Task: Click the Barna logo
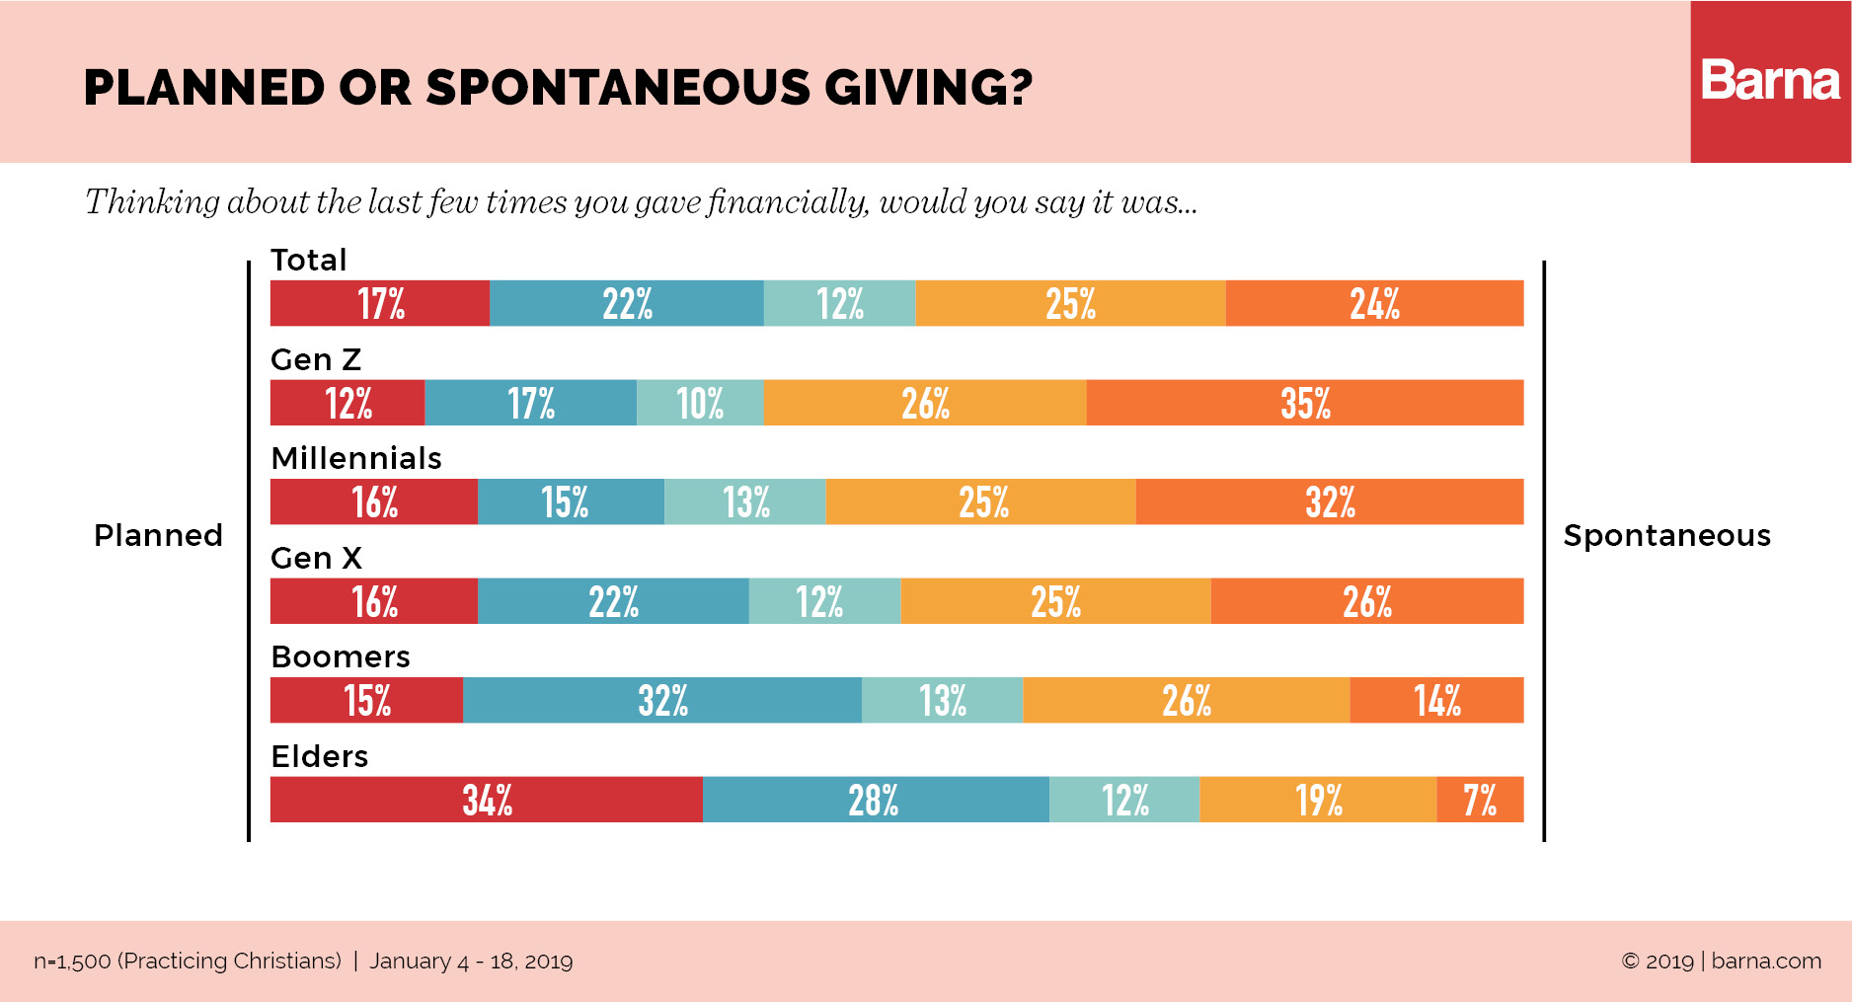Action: (x=1770, y=81)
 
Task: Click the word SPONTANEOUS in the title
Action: (x=618, y=88)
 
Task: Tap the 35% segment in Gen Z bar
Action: (x=1304, y=403)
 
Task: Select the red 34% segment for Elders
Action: (x=487, y=800)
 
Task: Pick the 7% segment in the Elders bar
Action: (x=1479, y=800)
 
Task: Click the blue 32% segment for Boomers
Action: (x=662, y=700)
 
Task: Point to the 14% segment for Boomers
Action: (x=1436, y=700)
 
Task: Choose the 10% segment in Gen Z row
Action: (x=700, y=403)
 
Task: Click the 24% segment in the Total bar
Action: (x=1374, y=303)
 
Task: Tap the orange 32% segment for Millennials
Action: (x=1329, y=501)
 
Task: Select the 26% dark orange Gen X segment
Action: (x=1366, y=601)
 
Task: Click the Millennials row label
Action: (x=356, y=458)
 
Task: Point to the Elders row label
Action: (x=319, y=756)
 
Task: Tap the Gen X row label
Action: (x=316, y=558)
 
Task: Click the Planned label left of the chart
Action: (x=158, y=535)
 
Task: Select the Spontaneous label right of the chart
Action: (x=1666, y=535)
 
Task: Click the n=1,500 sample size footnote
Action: (x=188, y=961)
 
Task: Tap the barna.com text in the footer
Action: (x=1766, y=961)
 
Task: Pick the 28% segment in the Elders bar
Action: (x=874, y=800)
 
